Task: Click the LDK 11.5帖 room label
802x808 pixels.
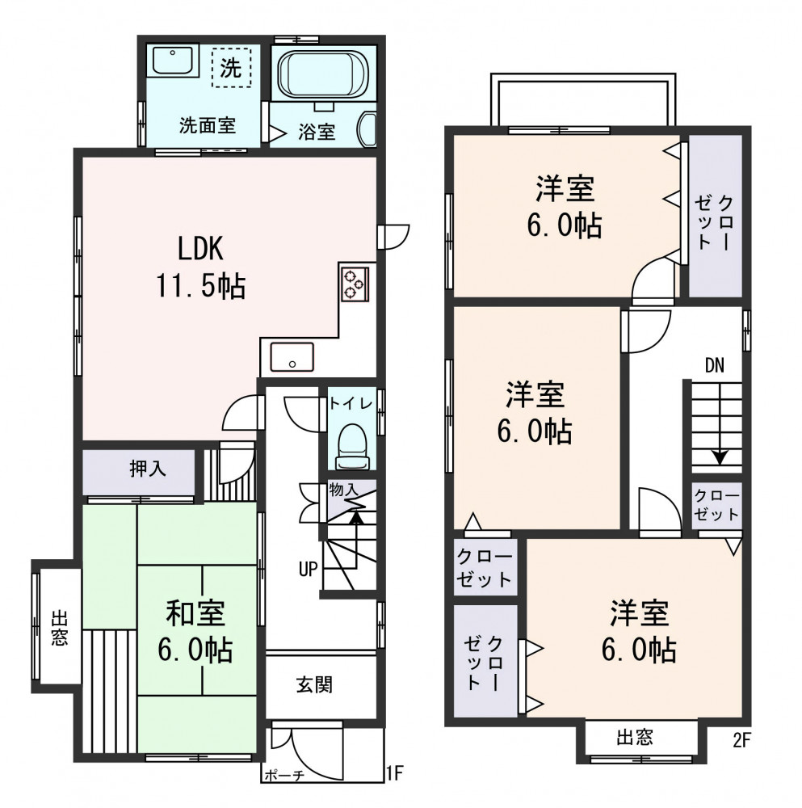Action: [x=201, y=267]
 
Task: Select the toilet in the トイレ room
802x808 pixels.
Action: [x=352, y=447]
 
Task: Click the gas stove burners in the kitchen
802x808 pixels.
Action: [x=354, y=284]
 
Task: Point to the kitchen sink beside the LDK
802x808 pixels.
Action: [x=292, y=356]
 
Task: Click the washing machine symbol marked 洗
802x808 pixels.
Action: [x=231, y=68]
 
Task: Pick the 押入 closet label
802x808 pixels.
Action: [x=147, y=469]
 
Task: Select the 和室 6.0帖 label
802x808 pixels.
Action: [x=195, y=631]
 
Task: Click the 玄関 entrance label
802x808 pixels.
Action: [x=314, y=685]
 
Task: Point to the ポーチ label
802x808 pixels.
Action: [x=284, y=775]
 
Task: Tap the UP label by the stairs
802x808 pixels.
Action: [x=308, y=570]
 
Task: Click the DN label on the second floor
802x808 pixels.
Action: [x=715, y=365]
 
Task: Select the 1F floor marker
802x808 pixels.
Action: [x=395, y=773]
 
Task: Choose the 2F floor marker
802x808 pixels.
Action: [x=741, y=740]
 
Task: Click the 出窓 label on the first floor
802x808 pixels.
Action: [x=59, y=628]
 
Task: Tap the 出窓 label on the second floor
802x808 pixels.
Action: [x=635, y=738]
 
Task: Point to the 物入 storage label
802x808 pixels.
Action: [x=343, y=490]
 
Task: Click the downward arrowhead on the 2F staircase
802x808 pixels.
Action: [x=720, y=458]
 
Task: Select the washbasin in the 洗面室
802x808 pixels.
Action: [x=173, y=61]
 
